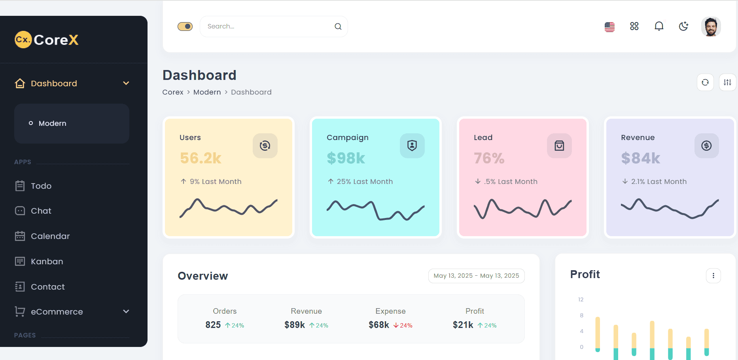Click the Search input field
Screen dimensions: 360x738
[x=269, y=27]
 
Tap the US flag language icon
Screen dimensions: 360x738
[x=609, y=27]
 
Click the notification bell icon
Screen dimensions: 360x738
[x=659, y=26]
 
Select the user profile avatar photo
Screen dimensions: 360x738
[x=711, y=27]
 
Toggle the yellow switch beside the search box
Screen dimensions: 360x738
[x=185, y=27]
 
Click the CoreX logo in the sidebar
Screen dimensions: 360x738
[x=47, y=40]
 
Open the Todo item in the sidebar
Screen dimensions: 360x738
[x=41, y=186]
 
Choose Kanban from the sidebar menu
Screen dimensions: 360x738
[x=47, y=261]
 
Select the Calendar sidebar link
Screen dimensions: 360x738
[x=50, y=236]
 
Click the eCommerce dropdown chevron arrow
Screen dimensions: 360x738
[x=126, y=311]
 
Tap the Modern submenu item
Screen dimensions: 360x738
[x=53, y=123]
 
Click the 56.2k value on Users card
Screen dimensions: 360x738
[x=201, y=158]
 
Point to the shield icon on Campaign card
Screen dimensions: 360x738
[x=412, y=146]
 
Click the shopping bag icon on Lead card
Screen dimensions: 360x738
[x=559, y=146]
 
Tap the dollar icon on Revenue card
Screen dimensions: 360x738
[x=706, y=146]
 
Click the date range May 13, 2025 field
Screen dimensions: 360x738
[x=476, y=276]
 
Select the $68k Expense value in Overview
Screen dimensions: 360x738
[x=379, y=325]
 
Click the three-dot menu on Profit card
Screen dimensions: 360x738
[x=713, y=276]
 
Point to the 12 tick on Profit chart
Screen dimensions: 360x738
[x=581, y=299]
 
